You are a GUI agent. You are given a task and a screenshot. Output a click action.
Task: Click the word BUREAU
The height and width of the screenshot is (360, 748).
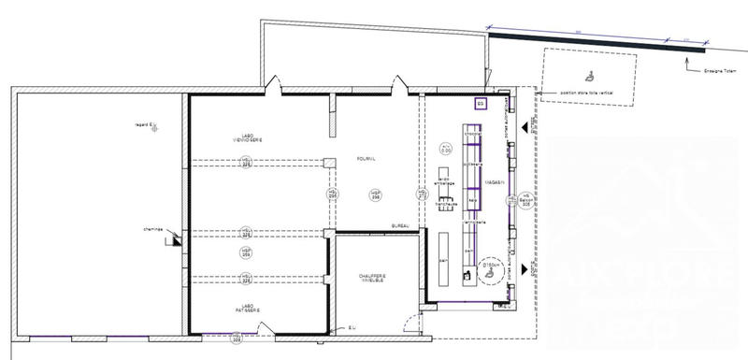401,226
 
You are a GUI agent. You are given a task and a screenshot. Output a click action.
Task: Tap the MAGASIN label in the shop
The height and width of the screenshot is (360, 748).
496,182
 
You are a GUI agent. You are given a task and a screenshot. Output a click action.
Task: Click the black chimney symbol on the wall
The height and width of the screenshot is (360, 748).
174,239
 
